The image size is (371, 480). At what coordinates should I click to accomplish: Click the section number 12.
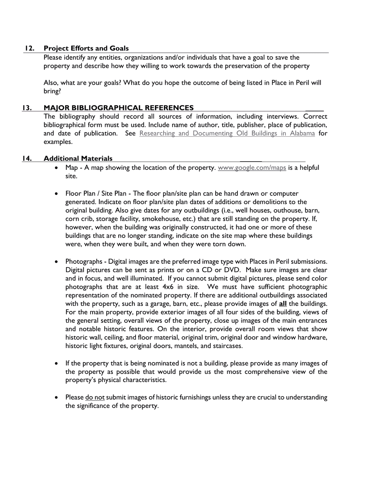pyautogui.click(x=29, y=48)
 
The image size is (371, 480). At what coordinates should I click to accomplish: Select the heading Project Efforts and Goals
pyautogui.click(x=86, y=48)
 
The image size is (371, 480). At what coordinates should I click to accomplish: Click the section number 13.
pyautogui.click(x=27, y=108)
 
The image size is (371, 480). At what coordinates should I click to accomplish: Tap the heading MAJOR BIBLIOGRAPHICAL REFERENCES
pyautogui.click(x=118, y=108)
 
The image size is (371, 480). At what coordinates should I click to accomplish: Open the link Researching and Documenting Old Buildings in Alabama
pyautogui.click(x=227, y=133)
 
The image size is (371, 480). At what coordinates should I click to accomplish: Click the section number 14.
pyautogui.click(x=27, y=158)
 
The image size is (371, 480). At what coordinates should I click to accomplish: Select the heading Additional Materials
pyautogui.click(x=78, y=158)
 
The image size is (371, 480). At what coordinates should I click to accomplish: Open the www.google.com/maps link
pyautogui.click(x=252, y=168)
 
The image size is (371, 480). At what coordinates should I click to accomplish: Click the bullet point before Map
pyautogui.click(x=57, y=168)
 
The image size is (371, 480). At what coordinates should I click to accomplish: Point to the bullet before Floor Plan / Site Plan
pyautogui.click(x=57, y=194)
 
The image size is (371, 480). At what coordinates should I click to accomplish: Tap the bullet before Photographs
pyautogui.click(x=57, y=261)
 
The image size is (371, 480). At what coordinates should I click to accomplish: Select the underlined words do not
pyautogui.click(x=95, y=397)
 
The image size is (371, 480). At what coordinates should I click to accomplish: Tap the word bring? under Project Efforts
pyautogui.click(x=52, y=91)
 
